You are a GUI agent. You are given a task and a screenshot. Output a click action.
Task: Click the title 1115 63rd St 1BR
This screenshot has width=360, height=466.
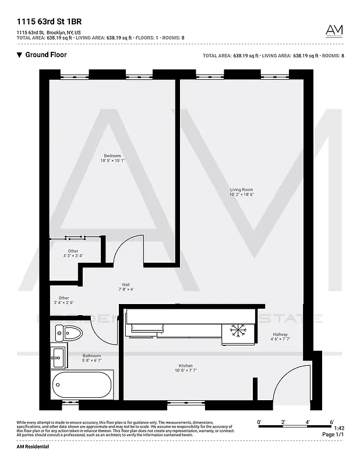(49, 22)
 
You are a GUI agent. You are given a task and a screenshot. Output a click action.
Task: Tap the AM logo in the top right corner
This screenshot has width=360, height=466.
(334, 31)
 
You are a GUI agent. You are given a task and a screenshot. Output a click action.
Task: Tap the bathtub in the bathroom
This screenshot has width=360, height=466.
(81, 383)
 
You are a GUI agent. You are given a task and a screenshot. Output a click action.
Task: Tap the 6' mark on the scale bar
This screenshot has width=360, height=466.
(331, 421)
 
